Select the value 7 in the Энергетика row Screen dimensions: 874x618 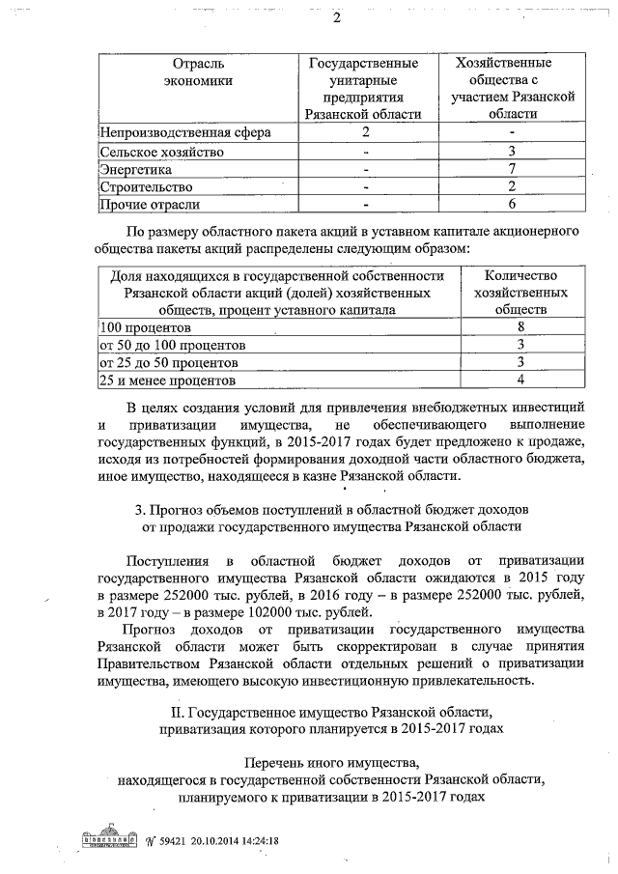coord(513,169)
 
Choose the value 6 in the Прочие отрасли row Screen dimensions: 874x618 coord(513,204)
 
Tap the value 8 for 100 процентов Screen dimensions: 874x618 coord(520,327)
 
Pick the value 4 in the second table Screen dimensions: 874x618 coord(520,381)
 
